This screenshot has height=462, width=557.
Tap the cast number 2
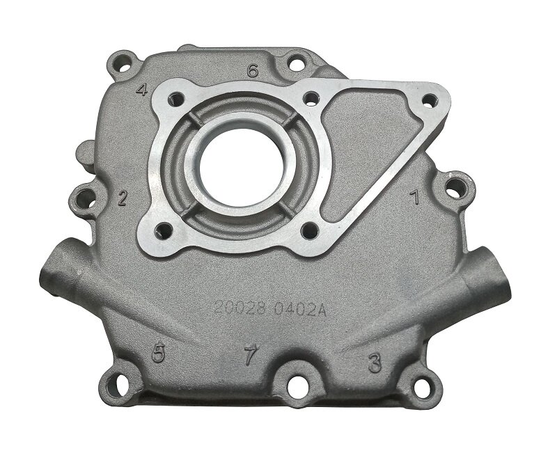tap(123, 198)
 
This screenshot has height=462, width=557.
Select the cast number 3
tap(375, 361)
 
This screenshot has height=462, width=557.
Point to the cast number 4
tap(143, 90)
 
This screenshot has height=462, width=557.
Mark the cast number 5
tap(159, 353)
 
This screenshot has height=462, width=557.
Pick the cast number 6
tap(253, 70)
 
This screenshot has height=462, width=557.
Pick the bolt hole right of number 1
tap(453, 186)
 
